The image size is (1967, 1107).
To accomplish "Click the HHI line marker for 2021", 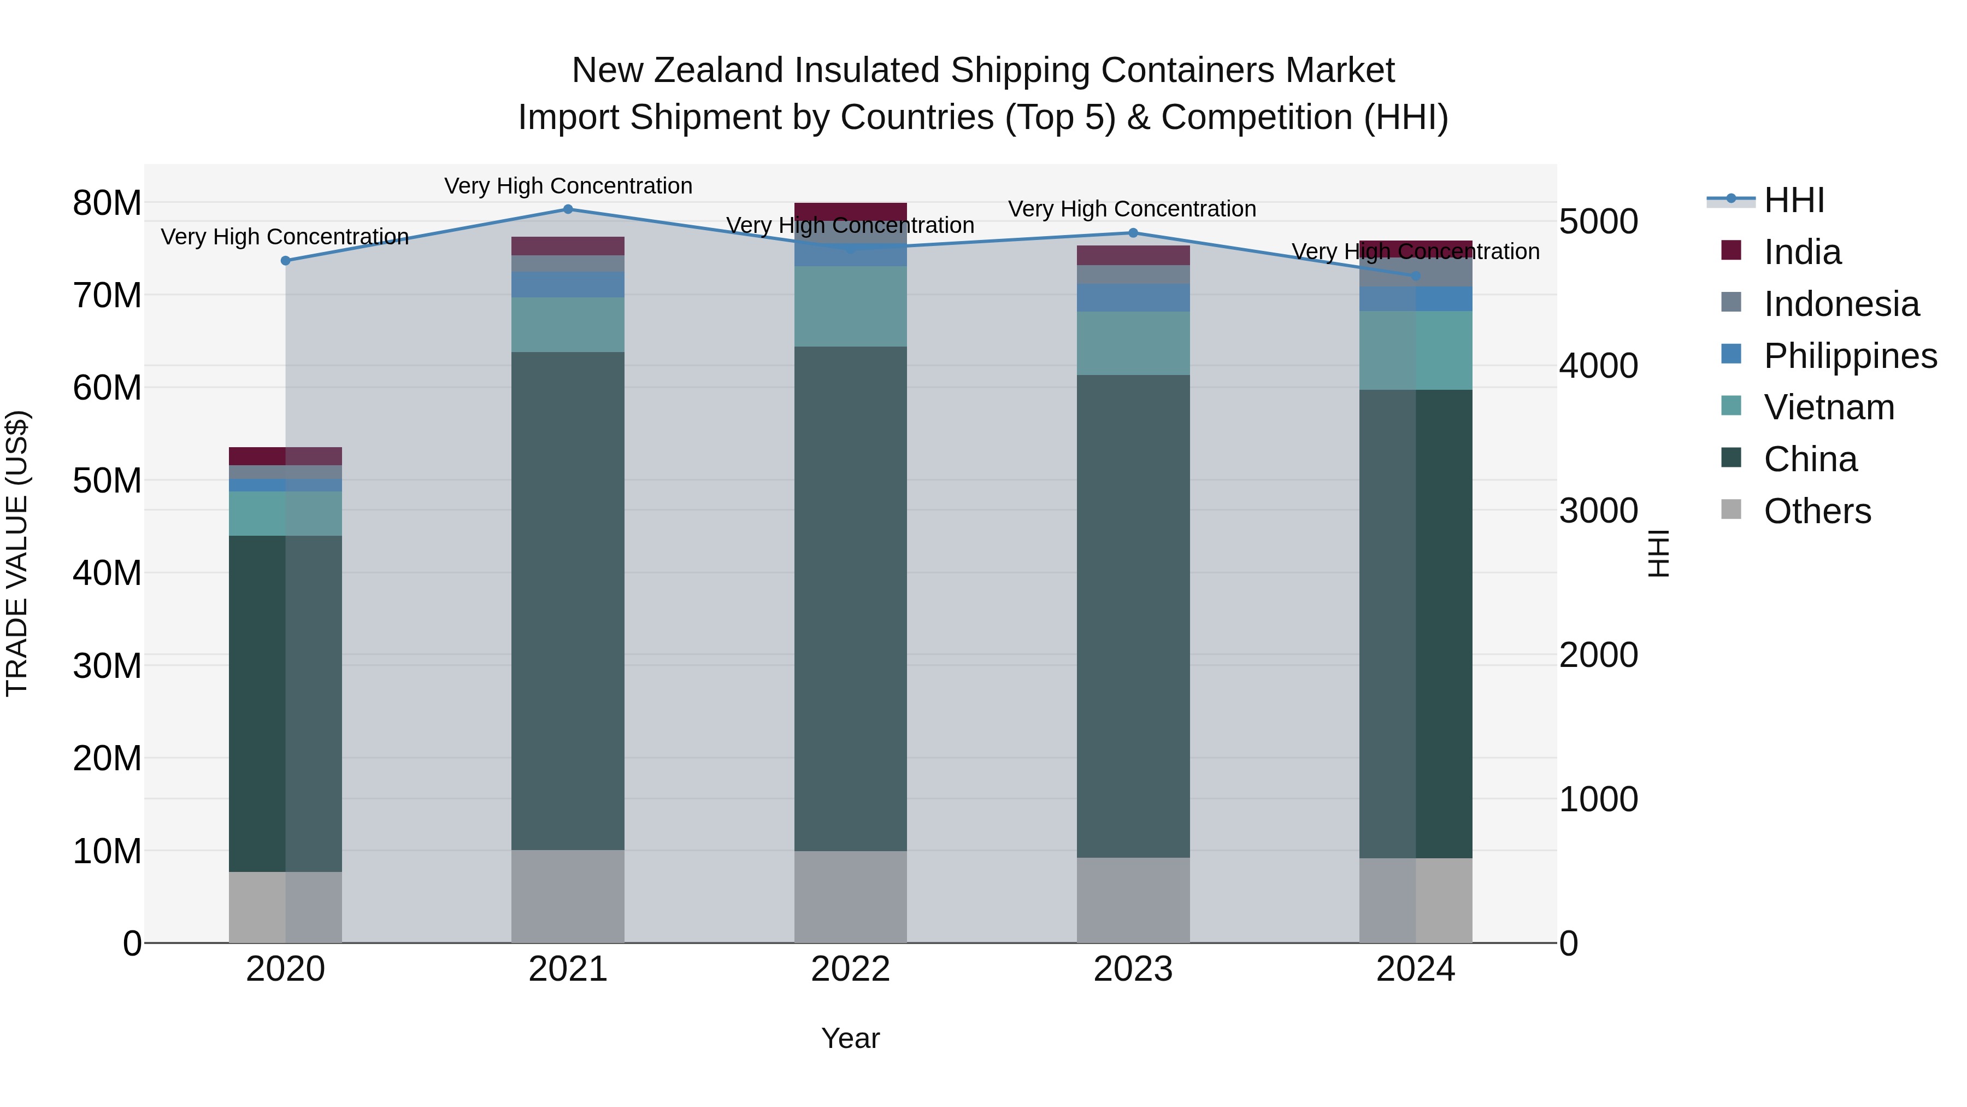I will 567,209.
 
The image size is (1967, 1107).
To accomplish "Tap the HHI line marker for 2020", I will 286,261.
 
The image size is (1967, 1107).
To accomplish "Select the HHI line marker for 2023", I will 1133,233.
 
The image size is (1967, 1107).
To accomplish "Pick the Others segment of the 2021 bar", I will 567,896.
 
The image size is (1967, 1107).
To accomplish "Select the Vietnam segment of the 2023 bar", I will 1133,343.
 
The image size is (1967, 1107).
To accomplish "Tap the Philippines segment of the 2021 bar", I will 567,285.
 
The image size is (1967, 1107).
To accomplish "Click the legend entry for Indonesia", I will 1840,304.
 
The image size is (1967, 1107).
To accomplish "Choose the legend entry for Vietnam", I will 1828,407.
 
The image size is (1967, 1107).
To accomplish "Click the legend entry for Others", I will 1817,511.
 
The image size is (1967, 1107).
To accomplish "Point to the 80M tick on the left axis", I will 107,203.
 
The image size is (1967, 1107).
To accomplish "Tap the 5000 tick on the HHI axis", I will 1598,221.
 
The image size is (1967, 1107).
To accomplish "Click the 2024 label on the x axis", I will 1415,969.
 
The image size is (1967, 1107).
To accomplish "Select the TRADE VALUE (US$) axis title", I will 17,553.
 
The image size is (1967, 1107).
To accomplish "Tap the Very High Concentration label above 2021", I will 567,186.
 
